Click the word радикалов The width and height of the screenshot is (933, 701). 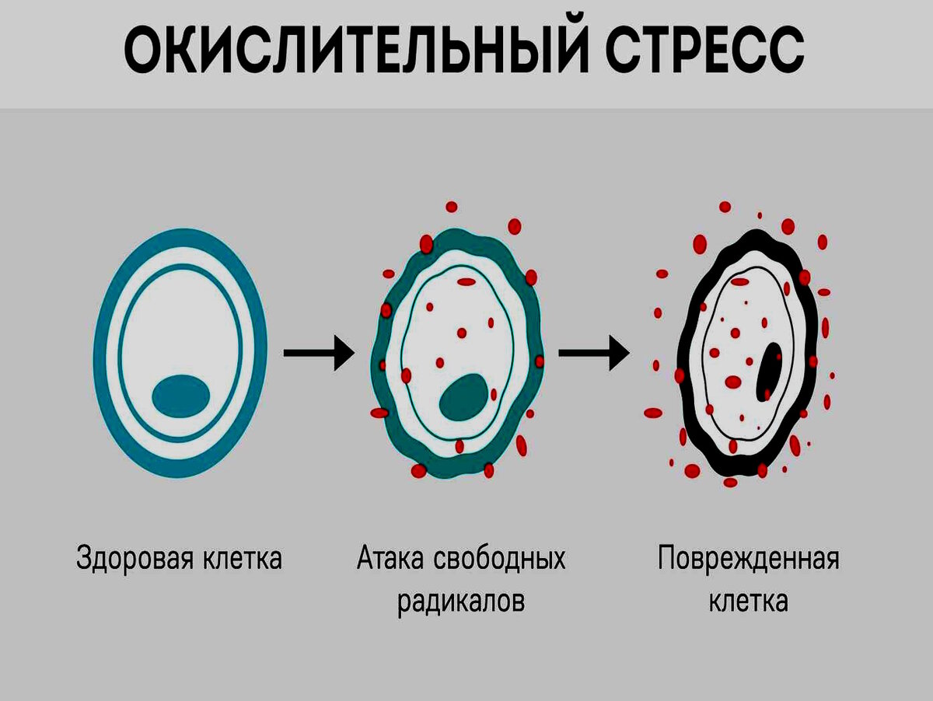tap(461, 601)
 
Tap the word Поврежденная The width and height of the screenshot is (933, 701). tap(748, 558)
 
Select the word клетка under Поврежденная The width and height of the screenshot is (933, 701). tap(748, 601)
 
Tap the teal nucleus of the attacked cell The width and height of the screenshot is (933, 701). tap(464, 396)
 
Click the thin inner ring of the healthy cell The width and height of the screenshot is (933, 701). tap(124, 354)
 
